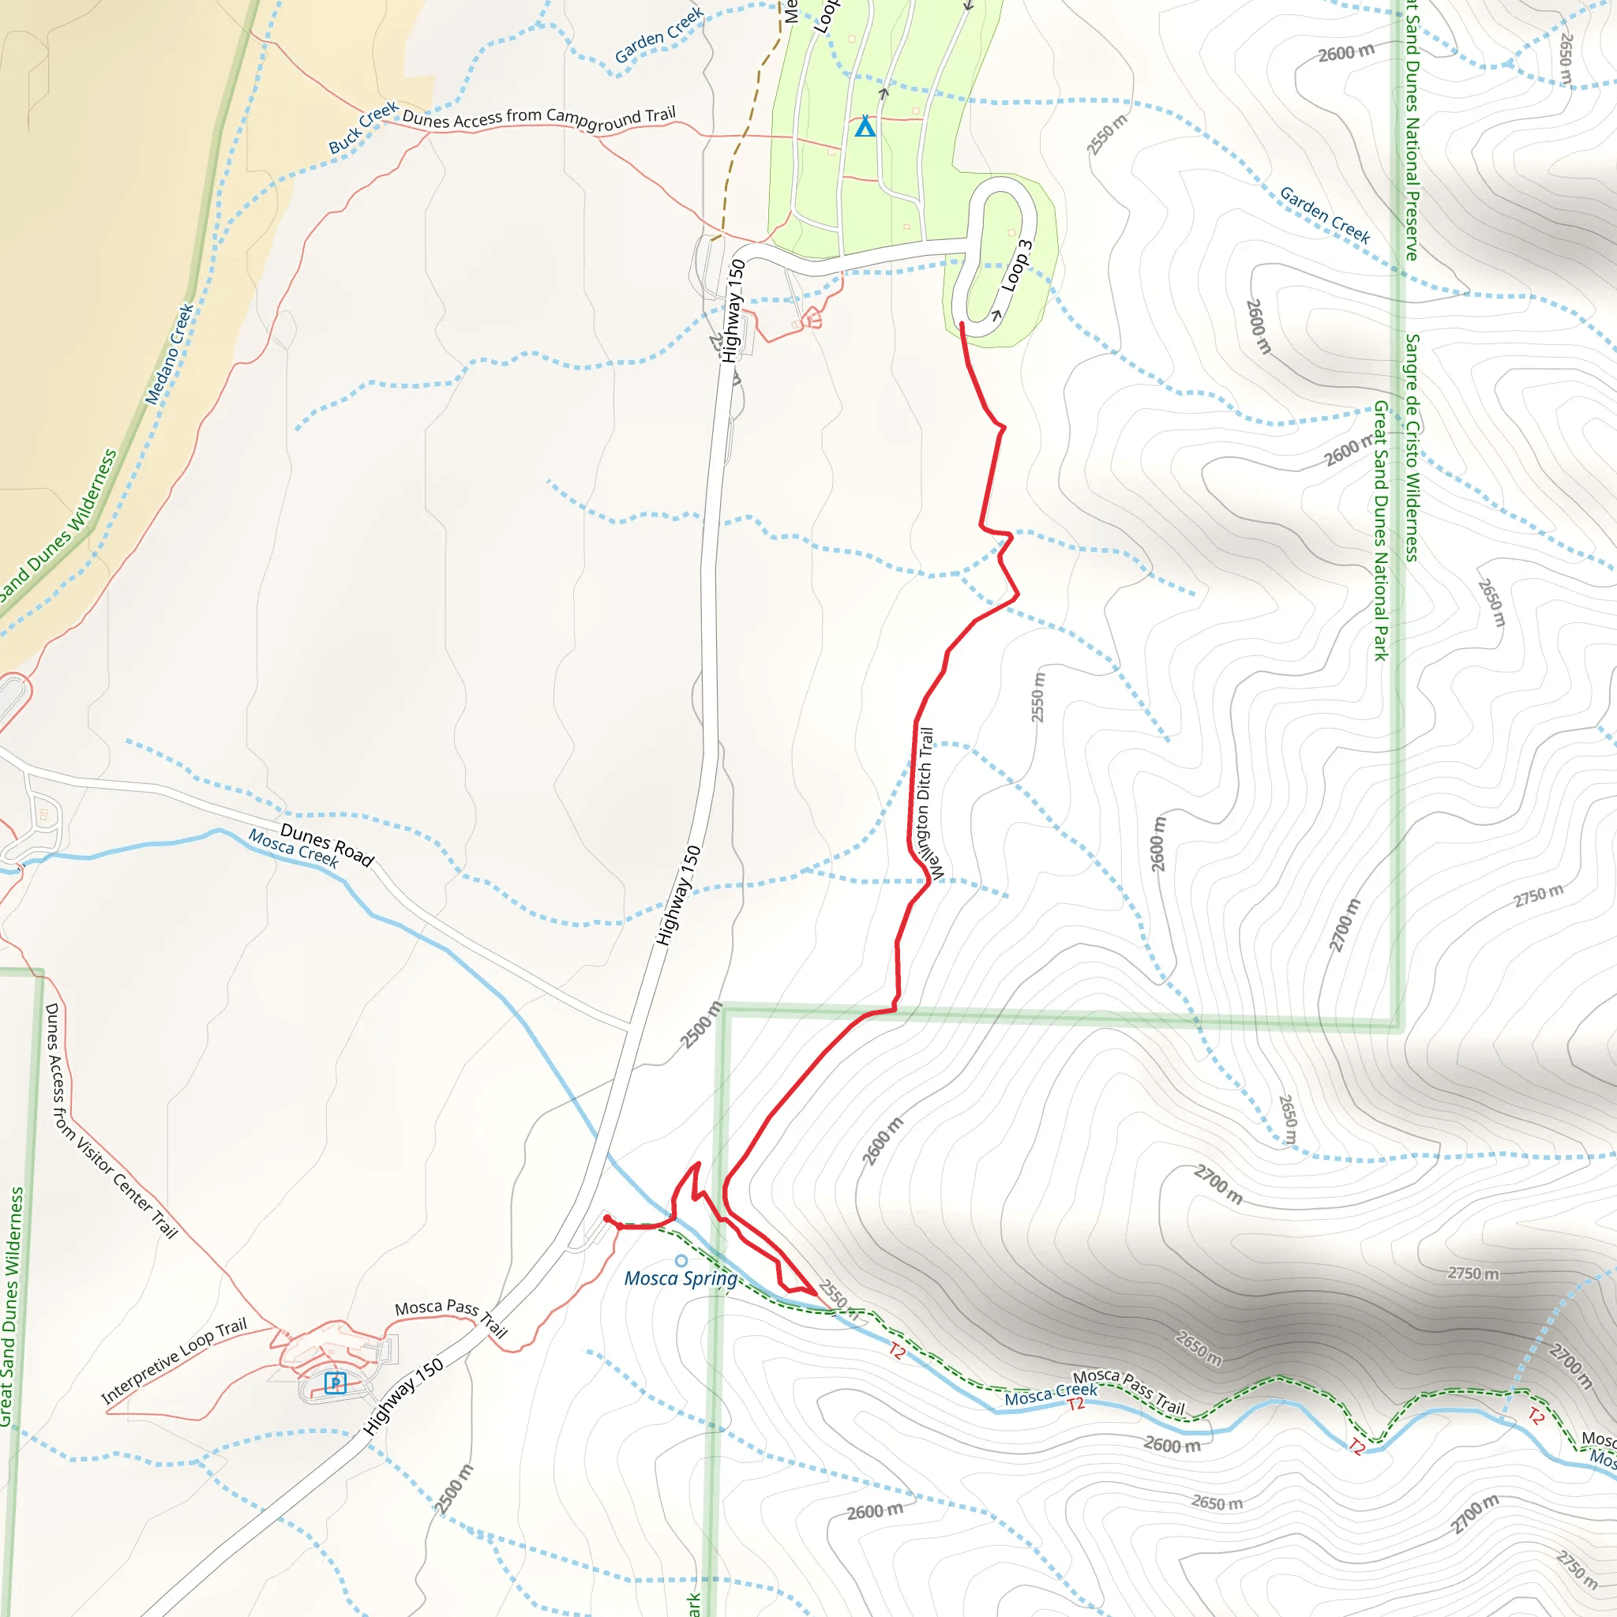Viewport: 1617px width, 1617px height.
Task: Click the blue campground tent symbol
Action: [865, 127]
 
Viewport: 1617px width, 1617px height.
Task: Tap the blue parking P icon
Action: [335, 1383]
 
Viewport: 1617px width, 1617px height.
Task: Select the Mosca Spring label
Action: [681, 1278]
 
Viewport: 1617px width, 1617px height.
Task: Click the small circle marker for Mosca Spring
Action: [681, 1260]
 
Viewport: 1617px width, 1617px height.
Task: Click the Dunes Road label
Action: [326, 844]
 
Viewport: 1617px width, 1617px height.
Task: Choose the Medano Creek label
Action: [169, 354]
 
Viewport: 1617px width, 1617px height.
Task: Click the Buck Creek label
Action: [363, 127]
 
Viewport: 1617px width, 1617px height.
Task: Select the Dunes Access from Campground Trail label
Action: [539, 118]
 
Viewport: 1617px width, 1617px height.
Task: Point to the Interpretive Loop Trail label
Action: [174, 1360]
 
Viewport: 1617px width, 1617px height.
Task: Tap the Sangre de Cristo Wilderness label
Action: [1412, 448]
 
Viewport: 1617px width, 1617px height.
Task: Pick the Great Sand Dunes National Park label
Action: [1380, 531]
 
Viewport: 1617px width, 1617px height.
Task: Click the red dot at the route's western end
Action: [608, 1218]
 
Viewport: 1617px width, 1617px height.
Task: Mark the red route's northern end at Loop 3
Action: [962, 324]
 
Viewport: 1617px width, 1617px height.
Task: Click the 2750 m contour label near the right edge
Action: [1538, 895]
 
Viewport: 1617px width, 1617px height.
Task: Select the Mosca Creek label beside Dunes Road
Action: [293, 849]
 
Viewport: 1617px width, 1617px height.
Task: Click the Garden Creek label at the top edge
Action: [659, 36]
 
